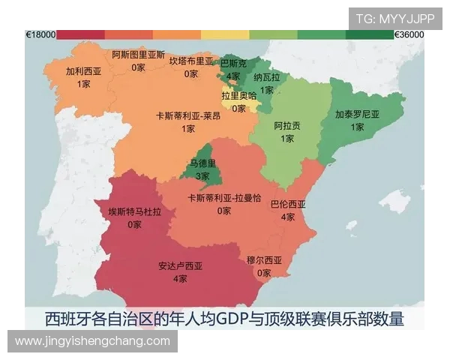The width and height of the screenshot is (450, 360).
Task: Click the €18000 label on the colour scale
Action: pos(40,34)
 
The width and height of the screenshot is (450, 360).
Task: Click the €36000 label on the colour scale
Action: pos(409,34)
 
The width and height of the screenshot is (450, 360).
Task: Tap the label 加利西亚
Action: pos(83,72)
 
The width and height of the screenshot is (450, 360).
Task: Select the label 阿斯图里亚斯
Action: pos(139,55)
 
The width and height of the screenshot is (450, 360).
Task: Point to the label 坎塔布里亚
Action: pos(191,61)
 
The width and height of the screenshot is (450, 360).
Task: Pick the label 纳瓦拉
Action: pos(266,77)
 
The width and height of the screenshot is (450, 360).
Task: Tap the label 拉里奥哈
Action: pos(238,96)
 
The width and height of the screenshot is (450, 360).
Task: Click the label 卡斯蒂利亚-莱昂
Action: pos(188,116)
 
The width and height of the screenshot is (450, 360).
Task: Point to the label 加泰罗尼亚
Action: pos(357,115)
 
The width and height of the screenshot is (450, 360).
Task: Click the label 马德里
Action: pos(202,164)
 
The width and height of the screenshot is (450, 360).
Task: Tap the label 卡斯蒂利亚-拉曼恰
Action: pos(224,198)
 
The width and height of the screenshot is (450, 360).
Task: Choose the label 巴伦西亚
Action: pos(288,204)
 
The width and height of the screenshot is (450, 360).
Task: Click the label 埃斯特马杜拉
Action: pos(135,211)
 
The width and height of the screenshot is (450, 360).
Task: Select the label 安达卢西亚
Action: pos(180,266)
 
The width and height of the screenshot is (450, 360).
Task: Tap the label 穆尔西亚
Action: pos(264,260)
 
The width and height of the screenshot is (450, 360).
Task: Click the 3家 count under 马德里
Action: pos(202,176)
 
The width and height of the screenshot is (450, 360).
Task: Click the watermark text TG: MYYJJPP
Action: pos(394,19)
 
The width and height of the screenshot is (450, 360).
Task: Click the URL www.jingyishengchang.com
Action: pos(92,341)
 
